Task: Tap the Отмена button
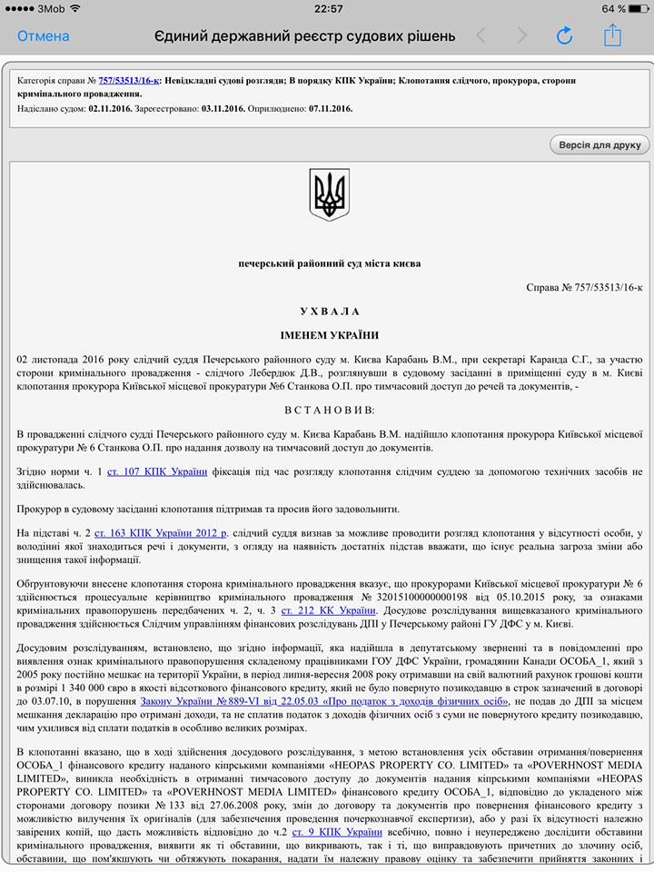pyautogui.click(x=43, y=36)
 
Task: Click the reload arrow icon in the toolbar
pyautogui.click(x=564, y=36)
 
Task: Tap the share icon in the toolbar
pyautogui.click(x=612, y=35)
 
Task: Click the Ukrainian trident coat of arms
pyautogui.click(x=329, y=193)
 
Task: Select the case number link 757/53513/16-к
pyautogui.click(x=129, y=81)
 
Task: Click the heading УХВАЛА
pyautogui.click(x=329, y=311)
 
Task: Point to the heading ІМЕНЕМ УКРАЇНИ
pyautogui.click(x=329, y=335)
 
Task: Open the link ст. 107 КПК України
pyautogui.click(x=157, y=471)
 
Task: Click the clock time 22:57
pyautogui.click(x=328, y=8)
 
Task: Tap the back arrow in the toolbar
pyautogui.click(x=481, y=36)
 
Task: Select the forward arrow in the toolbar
pyautogui.click(x=521, y=36)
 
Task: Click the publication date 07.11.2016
pyautogui.click(x=330, y=109)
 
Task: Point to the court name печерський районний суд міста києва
pyautogui.click(x=329, y=263)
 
